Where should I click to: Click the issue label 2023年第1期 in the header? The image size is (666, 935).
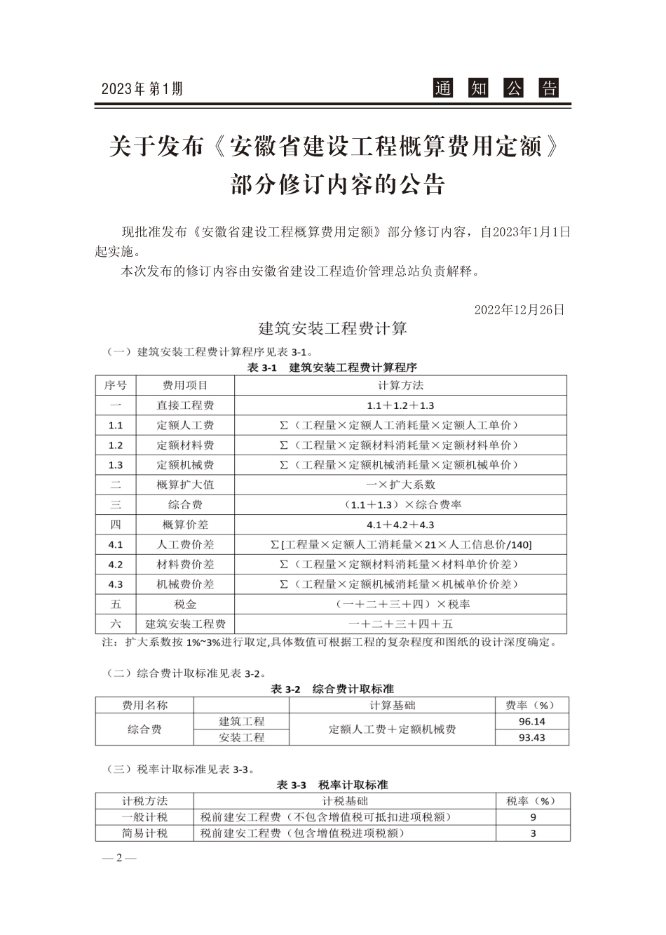(x=142, y=89)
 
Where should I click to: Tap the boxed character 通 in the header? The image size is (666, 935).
(x=442, y=88)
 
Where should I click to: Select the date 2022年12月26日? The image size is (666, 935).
(x=519, y=309)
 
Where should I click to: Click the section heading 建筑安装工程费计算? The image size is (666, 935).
(x=333, y=328)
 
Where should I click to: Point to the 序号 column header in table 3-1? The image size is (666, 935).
(x=116, y=385)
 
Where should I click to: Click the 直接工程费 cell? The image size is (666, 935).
(x=185, y=405)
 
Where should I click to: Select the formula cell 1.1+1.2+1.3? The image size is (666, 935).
(x=400, y=405)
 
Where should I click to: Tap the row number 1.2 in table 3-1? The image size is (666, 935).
(x=116, y=445)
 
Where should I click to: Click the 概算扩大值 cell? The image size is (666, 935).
(x=185, y=485)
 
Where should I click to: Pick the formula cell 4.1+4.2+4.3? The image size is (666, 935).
(x=400, y=525)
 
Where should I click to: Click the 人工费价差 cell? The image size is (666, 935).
(x=185, y=544)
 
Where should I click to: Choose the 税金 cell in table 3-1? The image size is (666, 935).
(x=185, y=604)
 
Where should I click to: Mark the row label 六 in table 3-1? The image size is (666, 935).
(x=116, y=624)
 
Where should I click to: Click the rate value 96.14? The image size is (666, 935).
(x=532, y=721)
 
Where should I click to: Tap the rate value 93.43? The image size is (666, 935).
(x=532, y=737)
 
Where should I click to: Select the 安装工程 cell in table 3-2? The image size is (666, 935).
(x=242, y=737)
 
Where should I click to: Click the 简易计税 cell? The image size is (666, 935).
(x=145, y=833)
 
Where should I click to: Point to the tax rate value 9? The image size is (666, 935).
(x=533, y=817)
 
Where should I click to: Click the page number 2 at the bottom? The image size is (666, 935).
(x=119, y=859)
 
